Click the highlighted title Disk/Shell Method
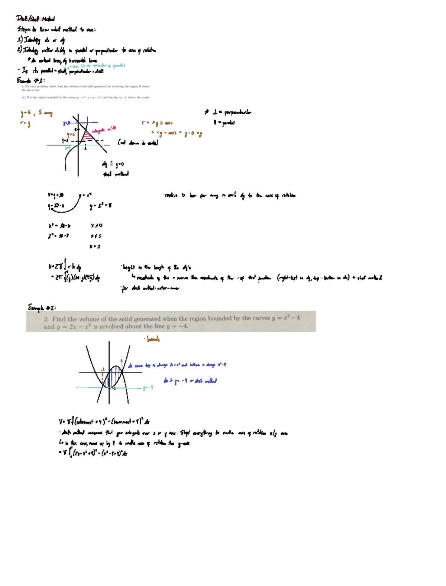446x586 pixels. pyautogui.click(x=35, y=19)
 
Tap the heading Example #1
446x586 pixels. pyautogui.click(x=31, y=80)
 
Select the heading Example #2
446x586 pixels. pyautogui.click(x=42, y=308)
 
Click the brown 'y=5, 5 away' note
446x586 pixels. pyautogui.click(x=36, y=113)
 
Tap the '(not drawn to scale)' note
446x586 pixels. pyautogui.click(x=138, y=142)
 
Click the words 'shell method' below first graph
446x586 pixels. pyautogui.click(x=116, y=174)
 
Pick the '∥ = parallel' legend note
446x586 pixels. pyautogui.click(x=224, y=123)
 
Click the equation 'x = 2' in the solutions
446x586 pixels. pyautogui.click(x=95, y=246)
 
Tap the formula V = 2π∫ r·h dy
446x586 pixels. pyautogui.click(x=65, y=267)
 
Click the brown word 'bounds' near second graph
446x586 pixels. pyautogui.click(x=153, y=339)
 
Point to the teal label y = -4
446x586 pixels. pyautogui.click(x=148, y=388)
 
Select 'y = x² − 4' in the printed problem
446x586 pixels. pyautogui.click(x=286, y=318)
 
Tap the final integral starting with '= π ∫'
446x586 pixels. pyautogui.click(x=93, y=453)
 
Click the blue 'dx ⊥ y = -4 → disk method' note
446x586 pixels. pyautogui.click(x=190, y=381)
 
